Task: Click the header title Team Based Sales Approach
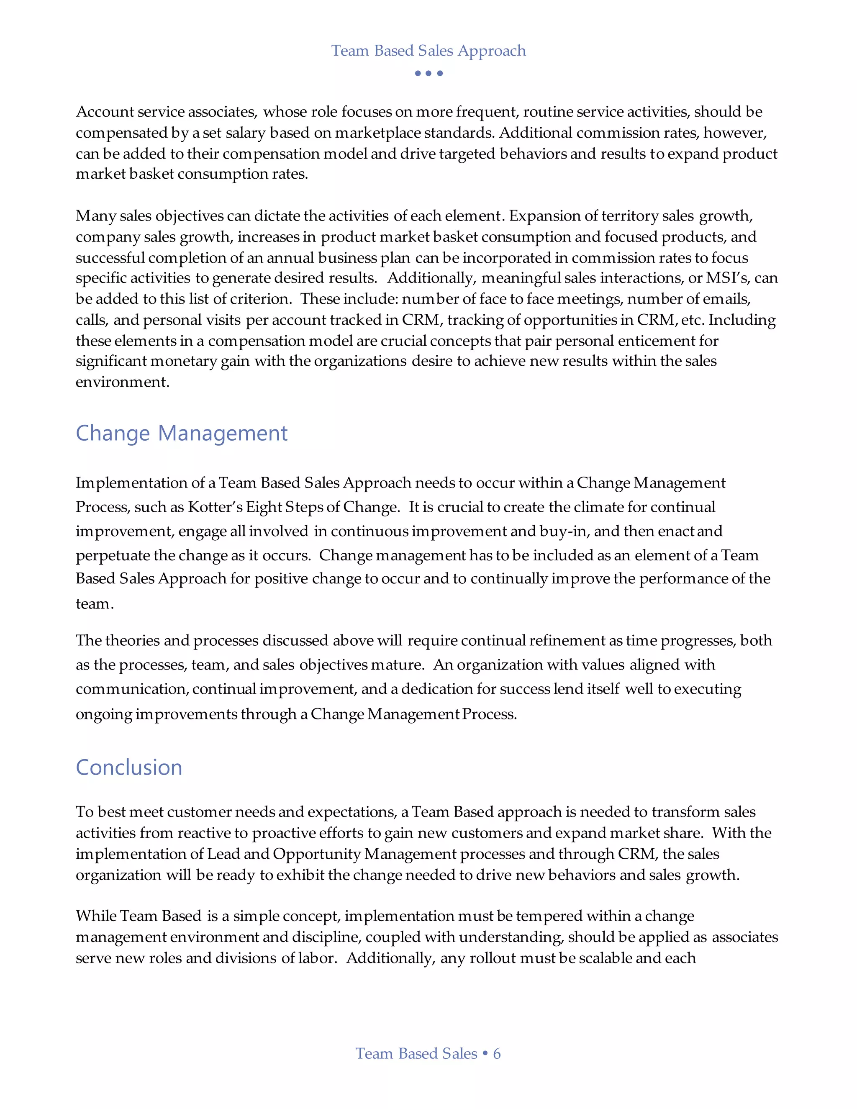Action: pos(428,51)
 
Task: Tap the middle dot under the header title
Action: pos(428,73)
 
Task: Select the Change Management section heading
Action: pos(181,433)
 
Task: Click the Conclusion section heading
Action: pos(129,767)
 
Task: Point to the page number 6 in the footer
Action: pos(497,1054)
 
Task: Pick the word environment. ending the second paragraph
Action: pos(122,382)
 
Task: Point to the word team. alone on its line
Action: pos(95,604)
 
